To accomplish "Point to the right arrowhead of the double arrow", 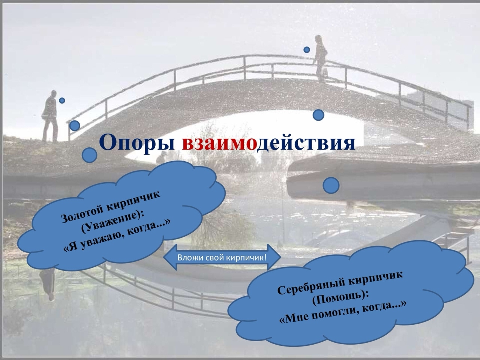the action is [x=274, y=257].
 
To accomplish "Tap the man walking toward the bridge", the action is [x=50, y=116].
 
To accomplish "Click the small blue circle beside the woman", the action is [x=307, y=50].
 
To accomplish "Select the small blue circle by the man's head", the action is [x=62, y=100].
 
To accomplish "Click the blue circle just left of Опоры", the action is [x=90, y=155].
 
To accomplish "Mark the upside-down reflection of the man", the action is [x=48, y=284].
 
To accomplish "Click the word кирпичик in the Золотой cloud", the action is [x=134, y=201].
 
